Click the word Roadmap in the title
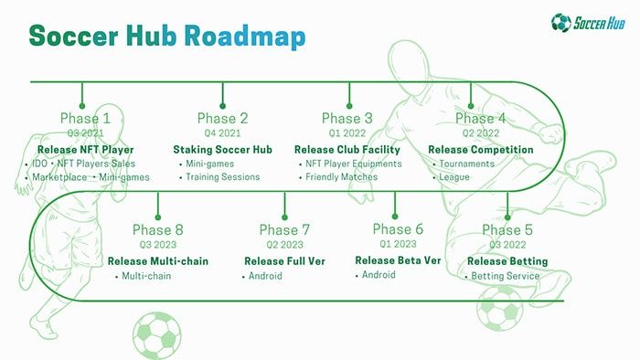coord(244,37)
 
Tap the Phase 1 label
coord(85,118)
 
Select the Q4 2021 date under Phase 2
coord(222,133)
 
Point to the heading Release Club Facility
coord(347,149)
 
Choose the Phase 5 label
coord(507,229)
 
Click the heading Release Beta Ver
coord(398,259)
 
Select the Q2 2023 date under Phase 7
coord(284,245)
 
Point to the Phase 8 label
coord(157,229)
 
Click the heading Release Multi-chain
coord(158,260)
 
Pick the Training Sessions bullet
coord(222,177)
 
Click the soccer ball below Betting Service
coord(500,309)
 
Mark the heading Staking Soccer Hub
coord(223,149)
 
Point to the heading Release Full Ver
coord(284,260)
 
